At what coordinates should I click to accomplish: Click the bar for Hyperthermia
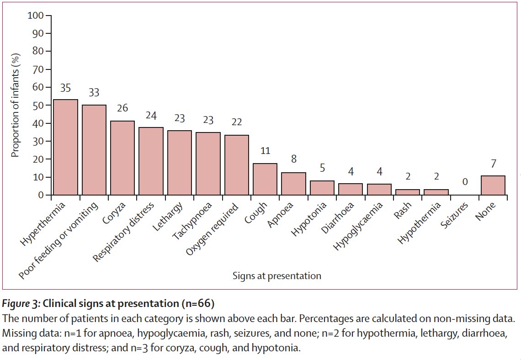tap(65, 147)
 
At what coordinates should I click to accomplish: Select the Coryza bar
tap(122, 158)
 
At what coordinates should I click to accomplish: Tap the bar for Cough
tap(265, 179)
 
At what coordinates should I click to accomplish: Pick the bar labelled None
tap(493, 185)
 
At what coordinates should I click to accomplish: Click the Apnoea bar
tap(293, 184)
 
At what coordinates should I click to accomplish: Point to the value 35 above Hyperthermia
tap(65, 88)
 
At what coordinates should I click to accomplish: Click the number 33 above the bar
tap(94, 93)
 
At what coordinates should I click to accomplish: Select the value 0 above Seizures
tap(464, 182)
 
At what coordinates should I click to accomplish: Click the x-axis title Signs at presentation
tap(276, 276)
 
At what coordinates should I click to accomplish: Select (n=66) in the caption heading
tap(197, 303)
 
